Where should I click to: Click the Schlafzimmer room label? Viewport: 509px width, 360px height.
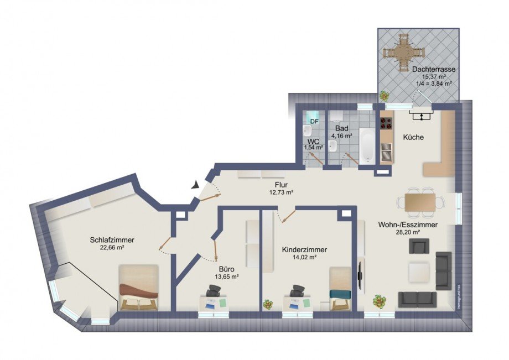point(112,240)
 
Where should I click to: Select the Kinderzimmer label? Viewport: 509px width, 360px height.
point(304,249)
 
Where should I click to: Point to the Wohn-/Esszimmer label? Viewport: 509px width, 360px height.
point(408,225)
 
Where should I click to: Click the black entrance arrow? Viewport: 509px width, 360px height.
point(195,186)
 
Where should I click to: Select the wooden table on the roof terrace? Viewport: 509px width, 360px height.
point(405,52)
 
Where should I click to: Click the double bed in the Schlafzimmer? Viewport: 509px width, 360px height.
point(139,287)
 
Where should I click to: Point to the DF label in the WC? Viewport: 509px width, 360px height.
point(314,121)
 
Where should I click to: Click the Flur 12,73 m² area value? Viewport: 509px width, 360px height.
point(281,192)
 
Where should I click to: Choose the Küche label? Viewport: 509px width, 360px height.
point(413,137)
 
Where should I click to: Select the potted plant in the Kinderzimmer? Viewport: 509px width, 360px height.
point(268,305)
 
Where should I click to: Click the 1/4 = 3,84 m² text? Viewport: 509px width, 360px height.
point(434,84)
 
